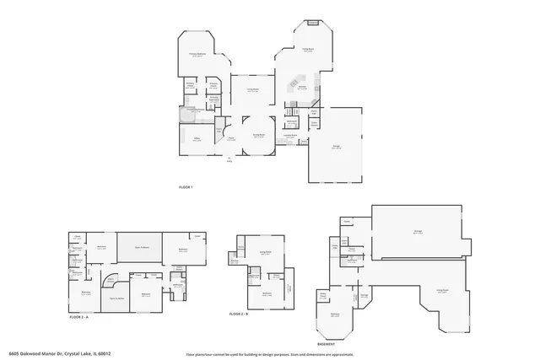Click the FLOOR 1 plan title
coord(186,186)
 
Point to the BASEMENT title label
coord(327,344)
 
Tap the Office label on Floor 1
coord(197,140)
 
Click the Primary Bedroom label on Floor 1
coord(197,54)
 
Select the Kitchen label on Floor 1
coord(301,85)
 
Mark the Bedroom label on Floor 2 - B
coord(267,293)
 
